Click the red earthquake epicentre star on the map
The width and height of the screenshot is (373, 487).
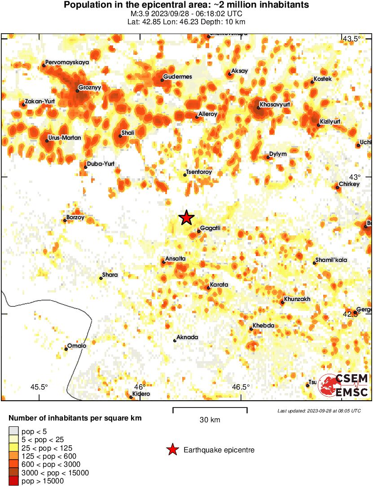tap(186, 218)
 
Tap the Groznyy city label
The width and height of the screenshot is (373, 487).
tap(90, 88)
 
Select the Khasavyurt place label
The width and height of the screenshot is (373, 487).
tap(275, 104)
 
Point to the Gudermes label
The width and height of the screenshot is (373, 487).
tap(177, 77)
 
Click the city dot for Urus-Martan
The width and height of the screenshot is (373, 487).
tap(47, 141)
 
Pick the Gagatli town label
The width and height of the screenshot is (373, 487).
tap(210, 228)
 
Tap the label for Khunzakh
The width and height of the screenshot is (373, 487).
tap(297, 299)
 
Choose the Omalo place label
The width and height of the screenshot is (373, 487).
tap(76, 345)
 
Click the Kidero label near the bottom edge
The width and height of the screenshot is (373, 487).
tap(141, 394)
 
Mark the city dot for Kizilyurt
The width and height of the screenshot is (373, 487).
tap(319, 124)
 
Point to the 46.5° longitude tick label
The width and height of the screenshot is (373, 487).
tap(241, 387)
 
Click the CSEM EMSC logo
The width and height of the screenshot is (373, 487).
tap(343, 385)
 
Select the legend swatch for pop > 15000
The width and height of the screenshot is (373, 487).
tap(13, 481)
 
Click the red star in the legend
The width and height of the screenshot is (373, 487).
tap(172, 450)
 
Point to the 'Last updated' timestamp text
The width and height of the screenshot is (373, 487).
tap(319, 411)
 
